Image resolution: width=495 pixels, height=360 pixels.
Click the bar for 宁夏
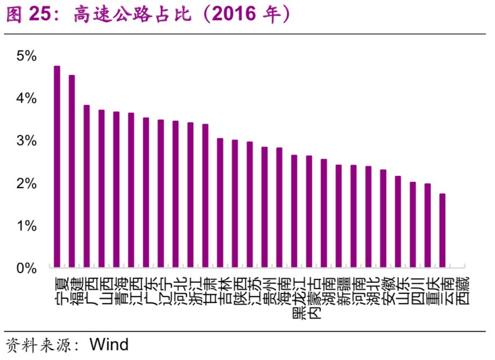[x=57, y=166]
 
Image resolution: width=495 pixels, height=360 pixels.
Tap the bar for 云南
[x=442, y=230]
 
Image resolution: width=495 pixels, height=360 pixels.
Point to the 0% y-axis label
[x=26, y=268]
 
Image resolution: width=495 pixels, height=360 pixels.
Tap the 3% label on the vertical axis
[x=26, y=141]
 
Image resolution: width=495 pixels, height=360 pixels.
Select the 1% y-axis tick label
[x=26, y=226]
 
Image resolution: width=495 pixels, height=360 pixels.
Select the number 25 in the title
[x=40, y=15]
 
